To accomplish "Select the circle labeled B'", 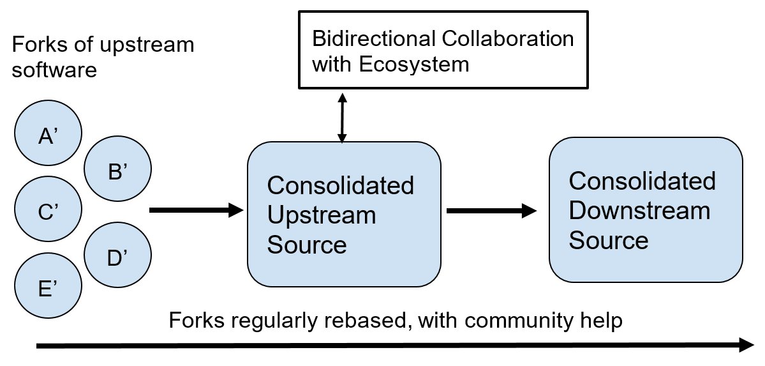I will click(x=117, y=171).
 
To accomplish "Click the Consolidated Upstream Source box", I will click(x=344, y=214).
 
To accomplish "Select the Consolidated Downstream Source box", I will click(x=646, y=210).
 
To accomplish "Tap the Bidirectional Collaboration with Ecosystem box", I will click(x=442, y=52).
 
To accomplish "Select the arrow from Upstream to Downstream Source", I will click(x=491, y=210).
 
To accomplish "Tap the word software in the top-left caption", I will click(x=54, y=69).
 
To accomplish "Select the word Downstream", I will click(x=639, y=210).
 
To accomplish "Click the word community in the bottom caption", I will click(x=509, y=320).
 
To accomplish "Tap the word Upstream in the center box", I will click(x=321, y=215).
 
